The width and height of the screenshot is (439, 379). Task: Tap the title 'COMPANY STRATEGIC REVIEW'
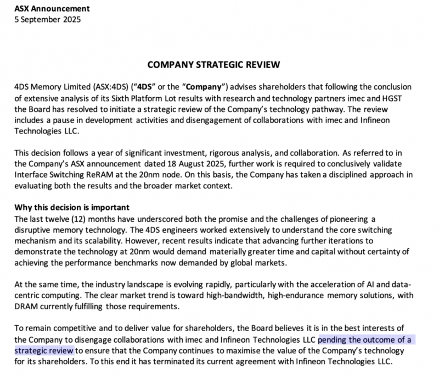pos(214,65)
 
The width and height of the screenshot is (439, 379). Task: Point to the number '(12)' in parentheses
pos(83,219)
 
